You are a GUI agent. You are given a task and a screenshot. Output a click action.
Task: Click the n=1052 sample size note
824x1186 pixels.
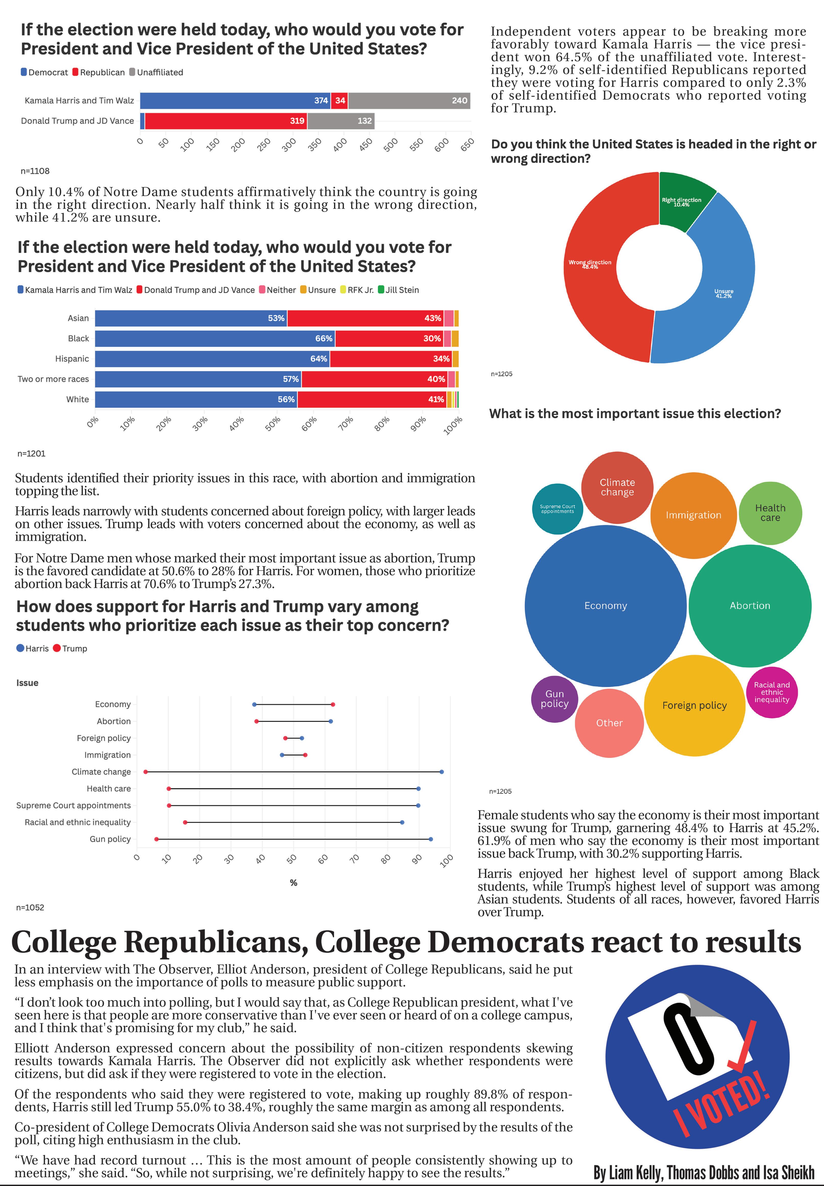pos(30,907)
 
